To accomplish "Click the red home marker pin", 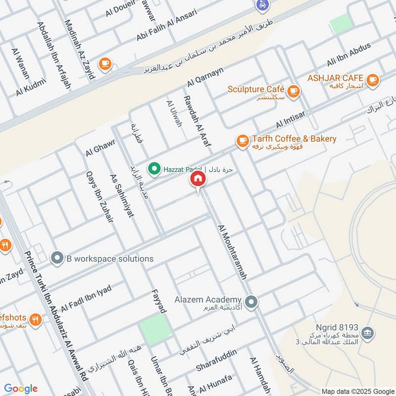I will point(198,180).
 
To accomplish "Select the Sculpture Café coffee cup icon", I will point(294,91).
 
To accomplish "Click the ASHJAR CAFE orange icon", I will point(372,79).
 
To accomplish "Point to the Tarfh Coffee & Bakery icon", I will point(242,141).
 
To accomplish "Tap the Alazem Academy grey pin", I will point(251,301).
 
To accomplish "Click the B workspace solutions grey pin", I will point(57,258).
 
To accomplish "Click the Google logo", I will point(21,389).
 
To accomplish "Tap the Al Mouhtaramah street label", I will point(232,251).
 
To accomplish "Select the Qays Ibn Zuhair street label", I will point(100,196).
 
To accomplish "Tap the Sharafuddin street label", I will point(216,360).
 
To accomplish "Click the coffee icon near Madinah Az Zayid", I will point(104,63).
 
